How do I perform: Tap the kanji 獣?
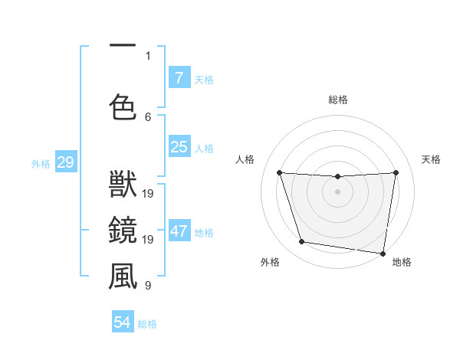(x=123, y=186)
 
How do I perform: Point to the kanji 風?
(x=123, y=277)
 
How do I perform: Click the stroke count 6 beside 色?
(x=148, y=116)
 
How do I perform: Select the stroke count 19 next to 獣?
(x=148, y=194)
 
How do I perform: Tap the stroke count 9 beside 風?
(x=148, y=286)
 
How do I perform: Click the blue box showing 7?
(x=179, y=78)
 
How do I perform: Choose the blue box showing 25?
(x=179, y=147)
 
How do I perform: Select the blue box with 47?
(x=179, y=231)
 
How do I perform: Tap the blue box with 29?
(x=65, y=162)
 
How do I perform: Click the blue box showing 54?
(x=123, y=322)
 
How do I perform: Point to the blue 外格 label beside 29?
(x=41, y=163)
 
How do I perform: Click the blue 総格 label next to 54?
(x=147, y=324)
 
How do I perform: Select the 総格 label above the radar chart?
(x=337, y=100)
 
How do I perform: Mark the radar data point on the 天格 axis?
(x=396, y=172)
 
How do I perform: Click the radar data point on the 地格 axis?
(x=383, y=253)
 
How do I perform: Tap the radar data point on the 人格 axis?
(x=279, y=172)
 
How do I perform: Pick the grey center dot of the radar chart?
(x=337, y=191)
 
